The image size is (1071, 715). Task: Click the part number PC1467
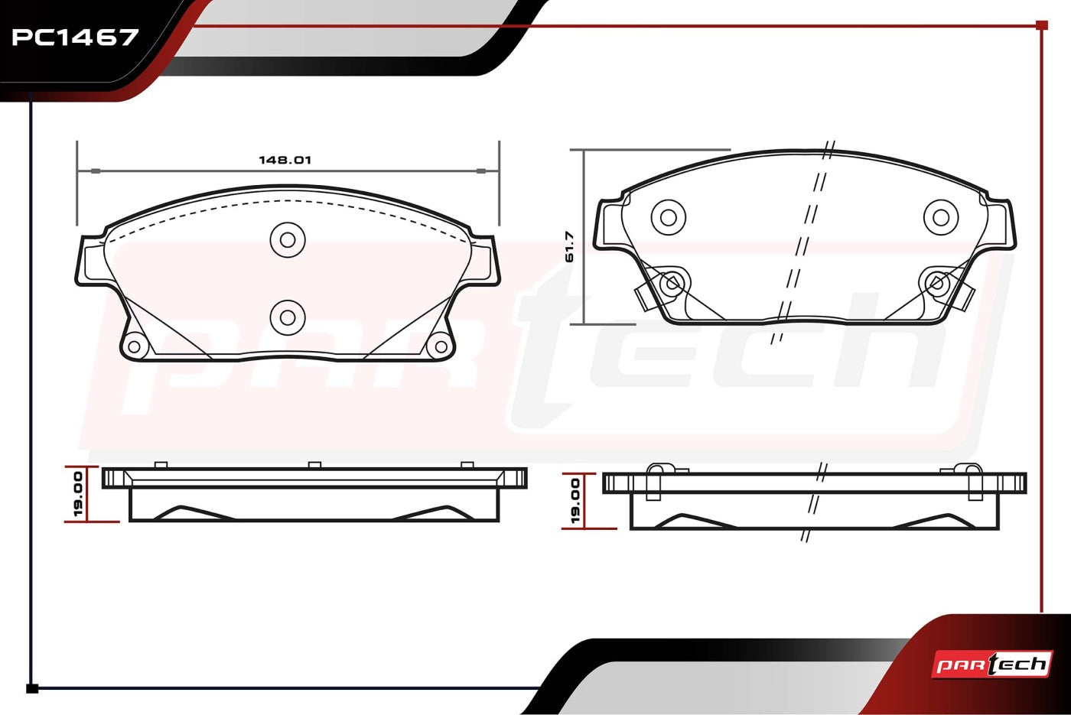[75, 37]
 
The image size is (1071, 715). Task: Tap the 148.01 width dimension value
[285, 160]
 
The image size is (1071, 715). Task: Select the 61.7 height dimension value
[569, 246]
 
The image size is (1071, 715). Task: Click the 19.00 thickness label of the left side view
[79, 494]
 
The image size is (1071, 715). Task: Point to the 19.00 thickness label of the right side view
[575, 501]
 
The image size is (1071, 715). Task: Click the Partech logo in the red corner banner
[991, 665]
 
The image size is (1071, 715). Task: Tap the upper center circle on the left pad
[288, 240]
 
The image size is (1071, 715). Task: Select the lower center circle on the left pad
[288, 317]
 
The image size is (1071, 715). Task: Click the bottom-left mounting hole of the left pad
[135, 346]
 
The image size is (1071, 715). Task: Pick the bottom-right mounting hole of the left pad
[441, 346]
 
